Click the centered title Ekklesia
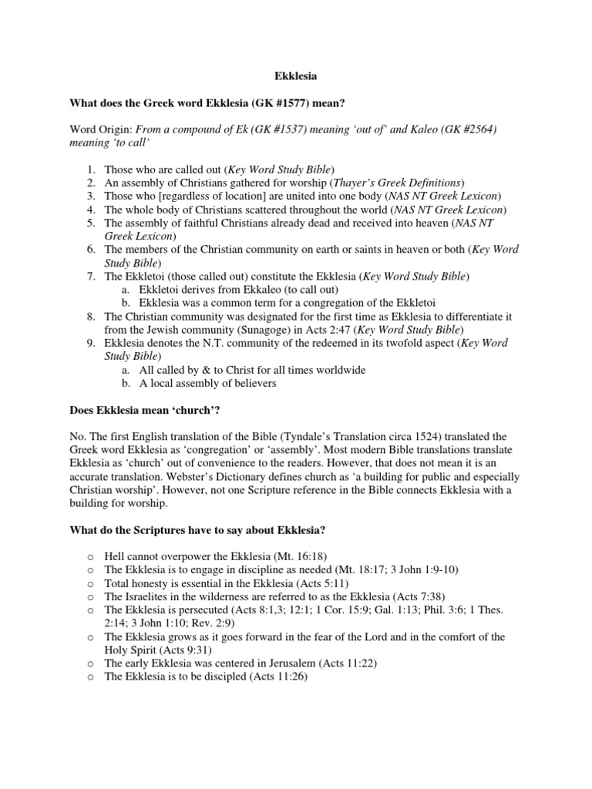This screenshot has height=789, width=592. (296, 77)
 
